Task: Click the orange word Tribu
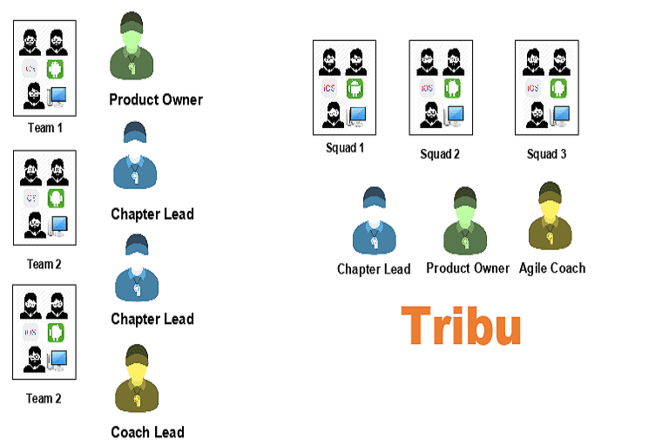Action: click(x=461, y=326)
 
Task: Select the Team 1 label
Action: click(x=44, y=128)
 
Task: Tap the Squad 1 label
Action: click(x=345, y=148)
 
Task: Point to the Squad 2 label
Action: click(x=440, y=154)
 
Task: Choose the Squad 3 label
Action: click(x=547, y=154)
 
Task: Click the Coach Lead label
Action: click(x=147, y=431)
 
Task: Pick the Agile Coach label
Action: click(x=552, y=268)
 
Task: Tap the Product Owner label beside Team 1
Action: click(x=156, y=99)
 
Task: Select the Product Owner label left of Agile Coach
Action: click(x=468, y=268)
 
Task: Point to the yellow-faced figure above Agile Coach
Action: click(x=548, y=217)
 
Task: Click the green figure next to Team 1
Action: click(x=132, y=49)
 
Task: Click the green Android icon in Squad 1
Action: click(x=355, y=88)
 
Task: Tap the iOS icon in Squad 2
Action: click(x=428, y=88)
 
